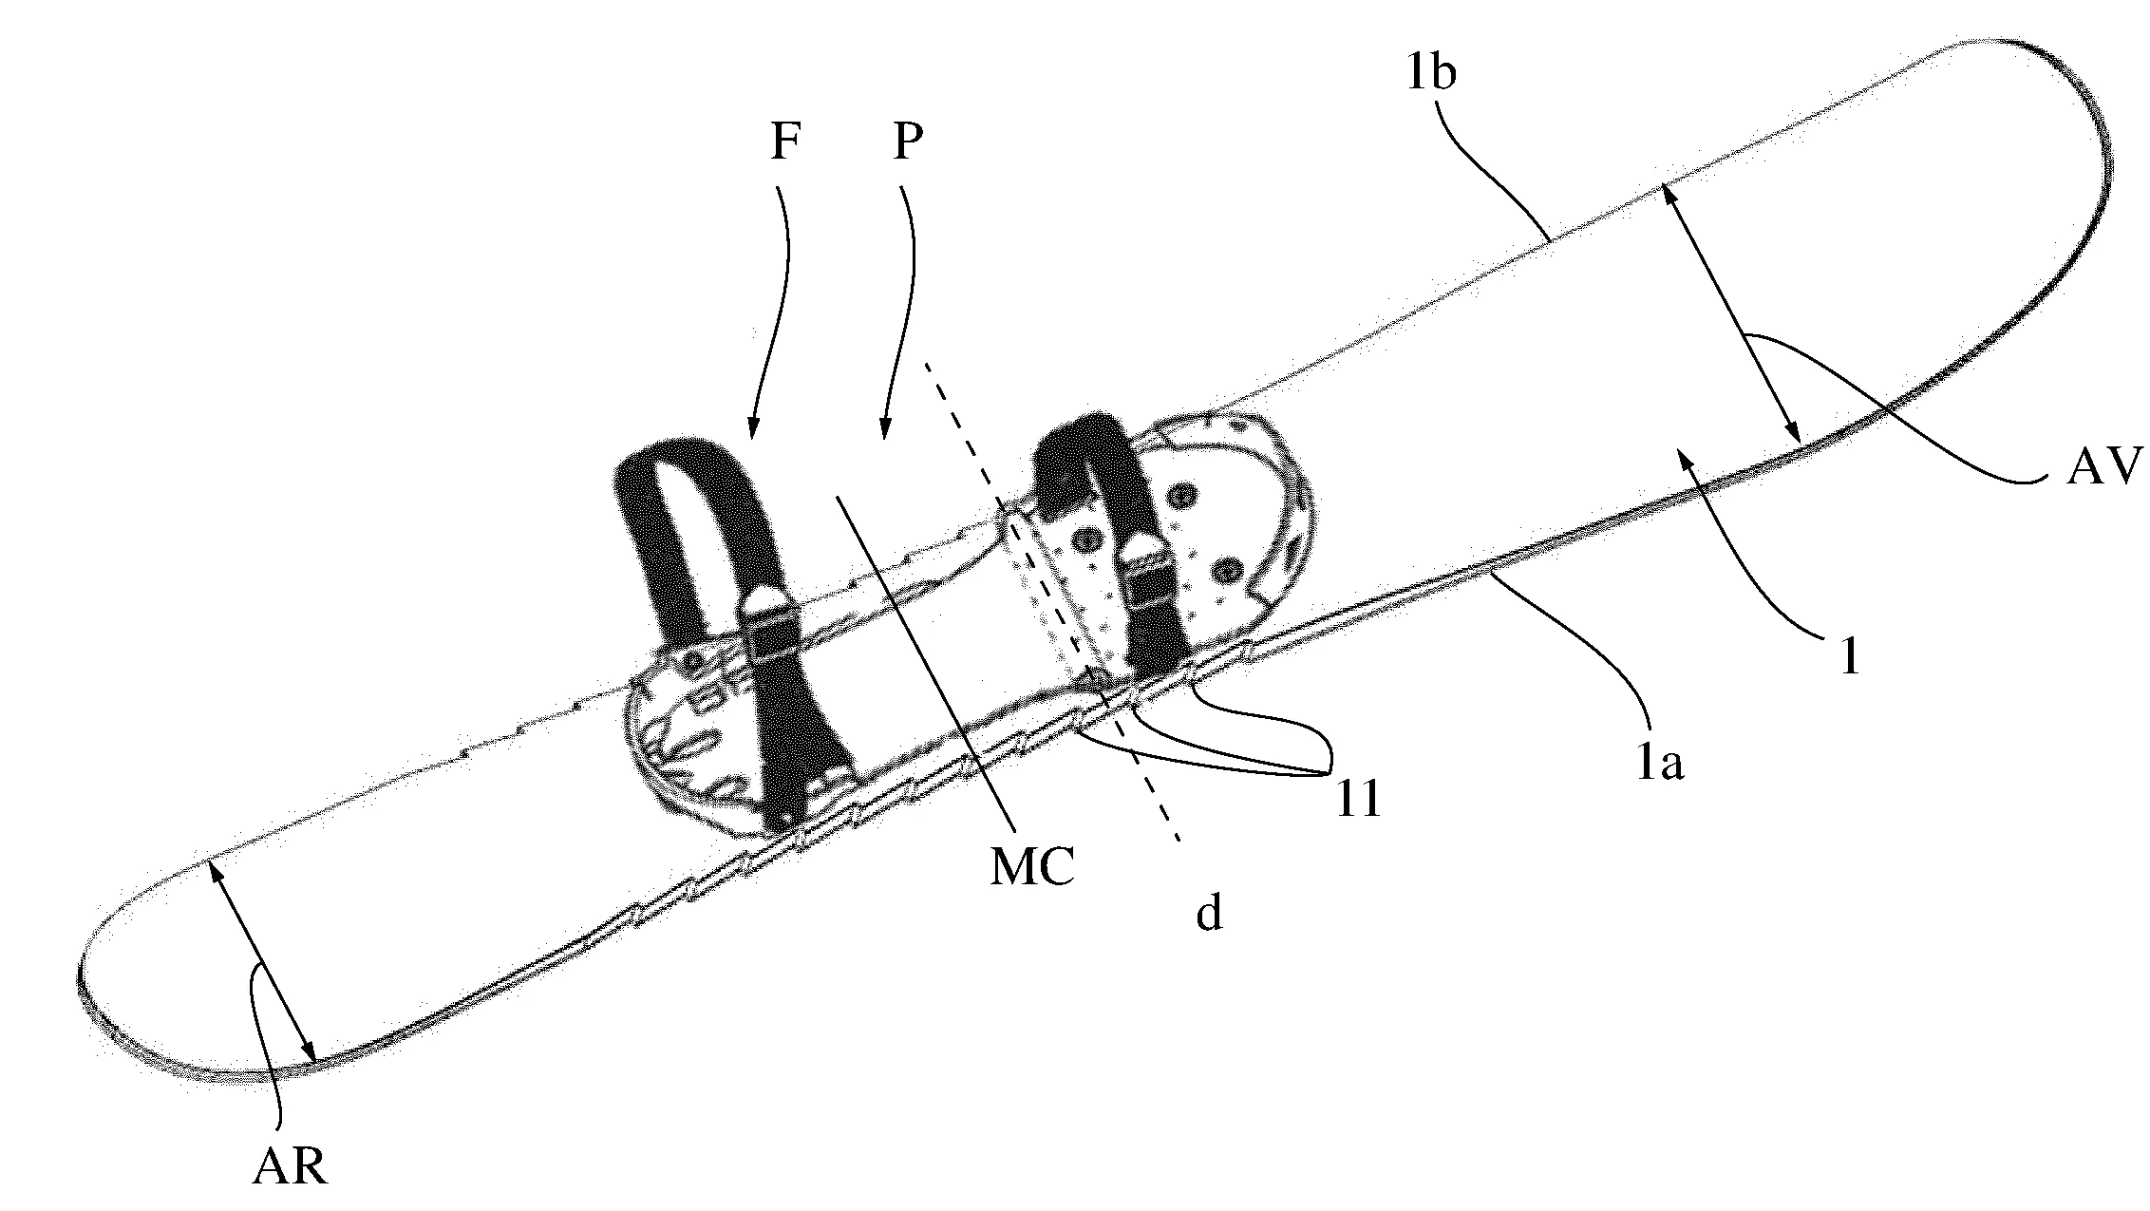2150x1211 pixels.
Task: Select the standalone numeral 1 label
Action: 1848,654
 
